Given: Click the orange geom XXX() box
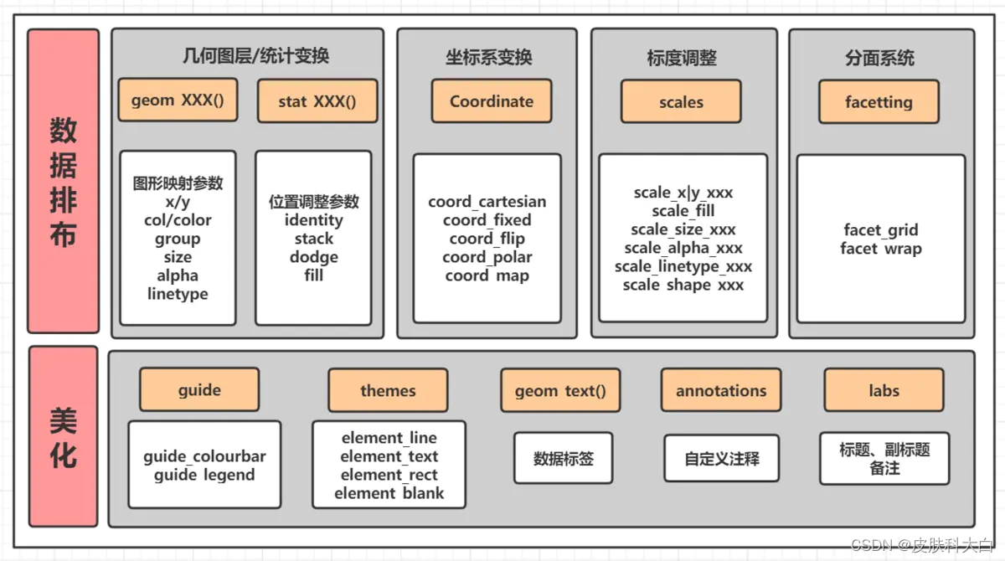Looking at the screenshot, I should (178, 100).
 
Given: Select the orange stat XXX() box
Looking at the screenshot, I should (317, 101).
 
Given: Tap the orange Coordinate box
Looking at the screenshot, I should (492, 101).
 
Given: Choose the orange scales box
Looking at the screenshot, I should (681, 102).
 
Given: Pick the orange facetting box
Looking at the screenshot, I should (879, 102).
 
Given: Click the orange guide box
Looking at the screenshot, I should (199, 389).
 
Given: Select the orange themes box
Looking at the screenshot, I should (388, 390).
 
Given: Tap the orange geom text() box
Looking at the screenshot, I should (561, 390).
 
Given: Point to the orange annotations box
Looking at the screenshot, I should (721, 390).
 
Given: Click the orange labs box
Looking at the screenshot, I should (884, 390).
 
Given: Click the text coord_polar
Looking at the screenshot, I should (487, 257).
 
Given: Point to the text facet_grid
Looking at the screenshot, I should (880, 230).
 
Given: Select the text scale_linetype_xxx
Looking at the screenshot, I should (683, 266).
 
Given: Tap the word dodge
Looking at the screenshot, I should (314, 257).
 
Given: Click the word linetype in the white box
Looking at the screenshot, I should (178, 294).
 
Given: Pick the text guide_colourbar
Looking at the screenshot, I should (204, 456).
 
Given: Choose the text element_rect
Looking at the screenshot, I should (389, 475).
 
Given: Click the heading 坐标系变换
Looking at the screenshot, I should (488, 58).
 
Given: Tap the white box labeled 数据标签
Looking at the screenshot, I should (563, 458).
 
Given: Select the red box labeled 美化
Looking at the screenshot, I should (63, 436).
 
